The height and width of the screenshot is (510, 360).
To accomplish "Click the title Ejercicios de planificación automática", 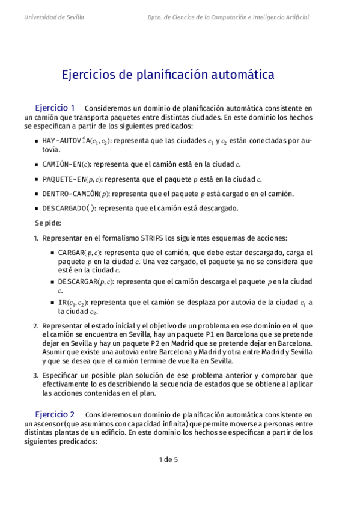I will click(168, 75).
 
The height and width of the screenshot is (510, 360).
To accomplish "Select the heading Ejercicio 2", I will click(55, 414).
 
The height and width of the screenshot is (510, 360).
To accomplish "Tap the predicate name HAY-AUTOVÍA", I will click(66, 141).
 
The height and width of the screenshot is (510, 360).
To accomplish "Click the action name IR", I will click(62, 303).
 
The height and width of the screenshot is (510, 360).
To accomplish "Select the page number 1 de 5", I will click(168, 461).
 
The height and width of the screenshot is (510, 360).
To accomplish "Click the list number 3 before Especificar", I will click(35, 375).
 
